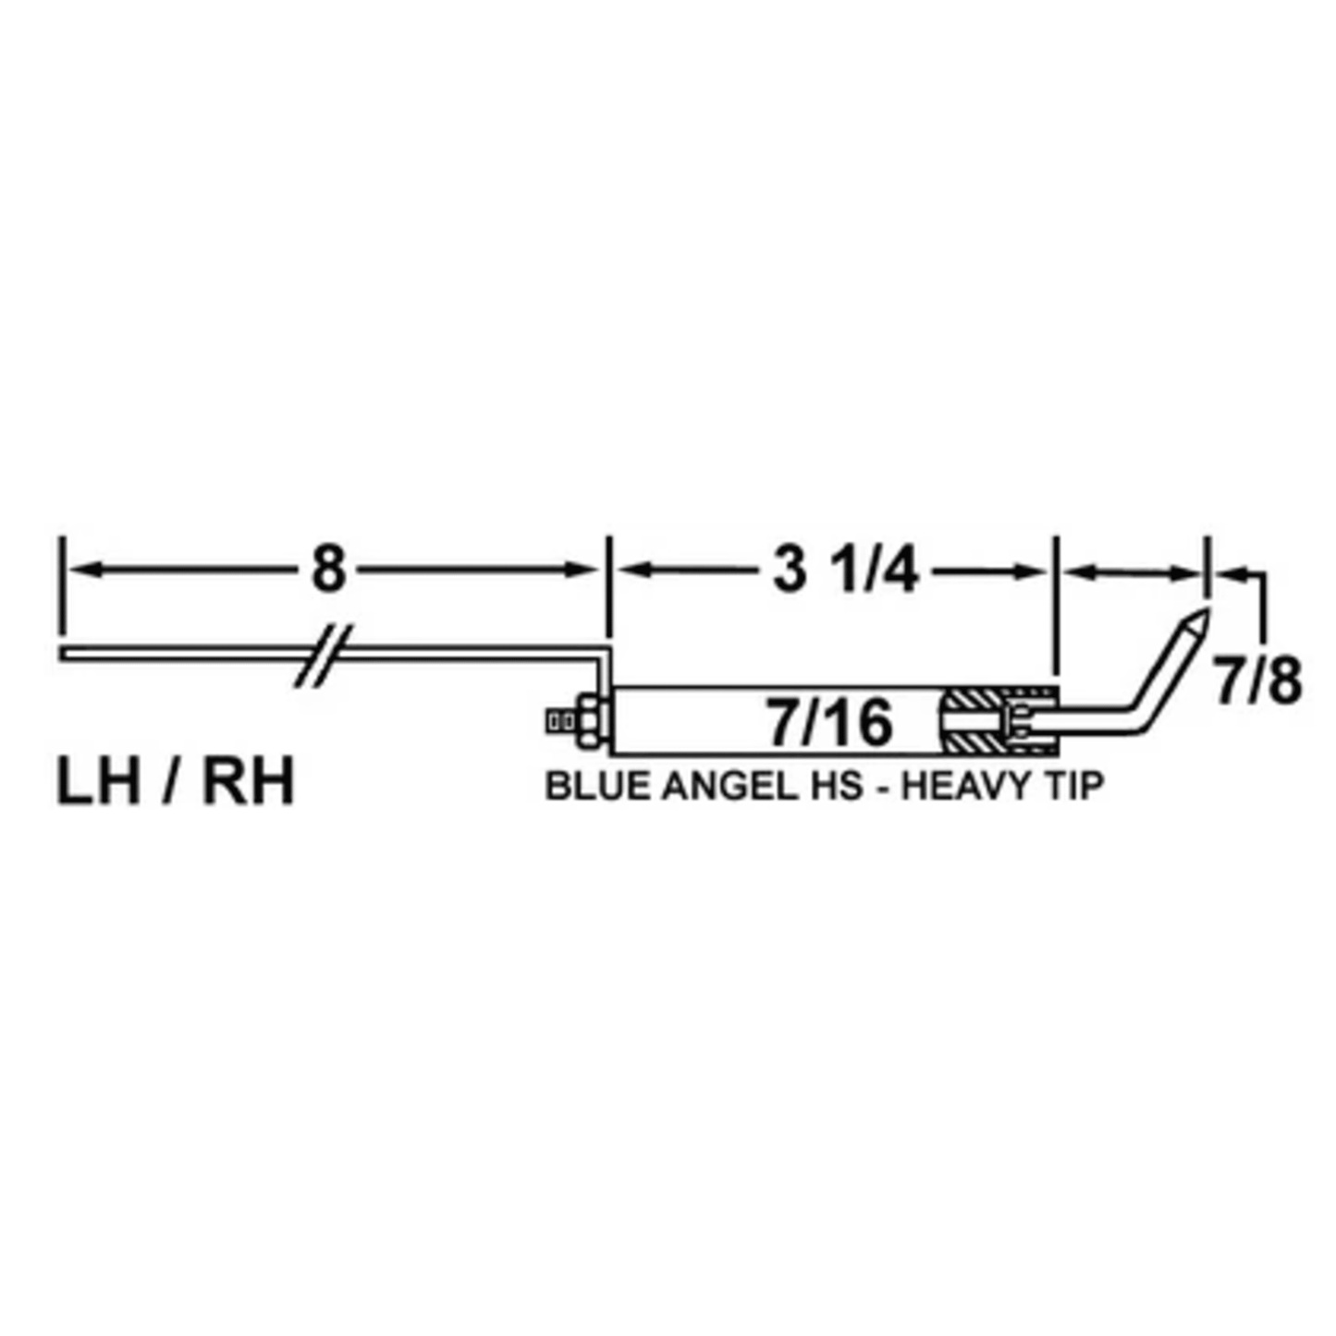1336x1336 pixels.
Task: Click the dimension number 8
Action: [327, 570]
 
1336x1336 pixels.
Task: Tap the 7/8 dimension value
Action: [1257, 682]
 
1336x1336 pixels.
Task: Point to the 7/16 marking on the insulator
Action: [829, 722]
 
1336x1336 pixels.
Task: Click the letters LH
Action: [99, 782]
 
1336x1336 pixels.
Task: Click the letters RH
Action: [248, 782]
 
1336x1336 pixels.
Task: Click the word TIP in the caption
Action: [1075, 786]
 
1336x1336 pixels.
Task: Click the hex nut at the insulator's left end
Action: [589, 721]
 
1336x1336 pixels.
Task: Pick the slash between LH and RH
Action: [173, 782]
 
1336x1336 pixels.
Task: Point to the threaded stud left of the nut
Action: [558, 721]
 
